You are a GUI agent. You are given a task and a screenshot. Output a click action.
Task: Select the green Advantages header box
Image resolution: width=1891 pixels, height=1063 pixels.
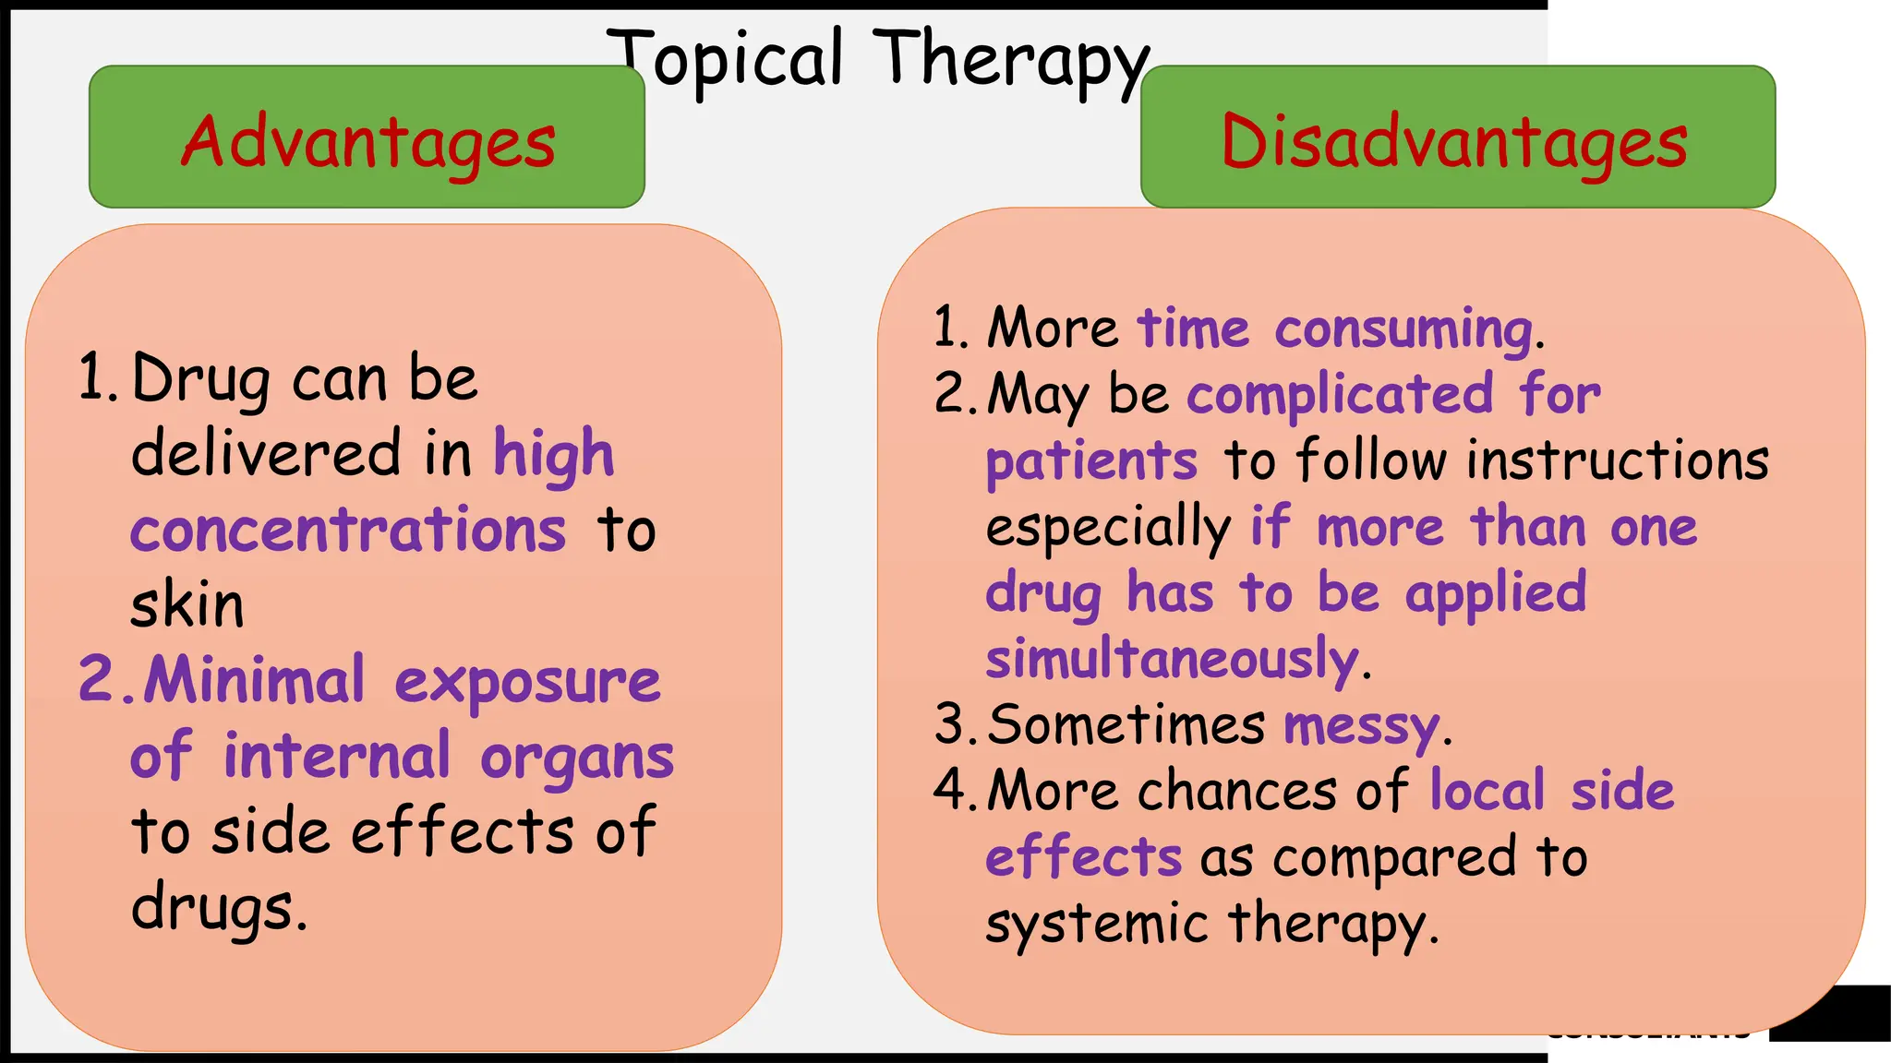[x=367, y=137]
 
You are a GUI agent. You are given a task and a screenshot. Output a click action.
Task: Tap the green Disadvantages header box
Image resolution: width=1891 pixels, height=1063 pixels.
[x=1457, y=137]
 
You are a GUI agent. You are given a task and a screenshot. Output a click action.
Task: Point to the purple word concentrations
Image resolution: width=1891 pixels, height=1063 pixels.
[x=348, y=531]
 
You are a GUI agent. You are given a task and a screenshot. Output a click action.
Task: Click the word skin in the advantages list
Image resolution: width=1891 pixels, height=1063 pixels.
[x=187, y=606]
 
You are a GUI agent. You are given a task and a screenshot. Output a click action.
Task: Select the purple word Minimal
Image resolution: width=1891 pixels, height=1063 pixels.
[x=255, y=681]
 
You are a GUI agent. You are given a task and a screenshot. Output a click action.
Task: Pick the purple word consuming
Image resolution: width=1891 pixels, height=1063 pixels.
[x=1403, y=329]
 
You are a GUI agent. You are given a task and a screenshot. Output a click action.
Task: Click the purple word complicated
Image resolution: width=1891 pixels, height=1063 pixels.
[x=1340, y=395]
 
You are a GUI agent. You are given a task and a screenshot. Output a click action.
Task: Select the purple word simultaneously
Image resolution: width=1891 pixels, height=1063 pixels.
[x=1173, y=659]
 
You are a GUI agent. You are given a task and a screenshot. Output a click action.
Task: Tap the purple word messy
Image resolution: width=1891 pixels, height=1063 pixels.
[x=1361, y=726]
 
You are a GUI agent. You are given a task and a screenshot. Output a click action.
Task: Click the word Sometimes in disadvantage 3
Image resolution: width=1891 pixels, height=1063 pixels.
[x=1126, y=724]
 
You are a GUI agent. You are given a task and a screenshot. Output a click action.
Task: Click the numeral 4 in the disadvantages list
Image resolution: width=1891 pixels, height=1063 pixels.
[x=949, y=790]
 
